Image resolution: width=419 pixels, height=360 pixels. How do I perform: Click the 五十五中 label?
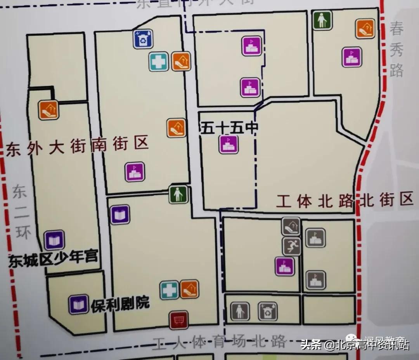pos(229,128)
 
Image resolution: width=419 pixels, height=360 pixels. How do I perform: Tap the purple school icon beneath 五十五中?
pos(229,145)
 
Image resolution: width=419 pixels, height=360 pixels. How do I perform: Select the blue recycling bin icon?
pos(143,39)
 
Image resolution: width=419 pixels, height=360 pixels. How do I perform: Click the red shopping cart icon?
pos(178,320)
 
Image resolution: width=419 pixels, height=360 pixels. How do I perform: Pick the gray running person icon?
pos(292,246)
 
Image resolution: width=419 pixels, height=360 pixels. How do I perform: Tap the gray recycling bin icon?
pos(268,311)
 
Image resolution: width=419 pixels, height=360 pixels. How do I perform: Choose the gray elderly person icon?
pos(240,311)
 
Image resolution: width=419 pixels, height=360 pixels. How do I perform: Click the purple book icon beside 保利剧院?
pos(79,305)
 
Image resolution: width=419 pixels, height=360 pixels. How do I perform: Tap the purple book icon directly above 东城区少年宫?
pos(54,240)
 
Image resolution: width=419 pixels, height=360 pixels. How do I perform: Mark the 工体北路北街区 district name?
pos(345,201)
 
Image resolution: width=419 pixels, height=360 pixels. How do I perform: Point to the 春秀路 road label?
pos(397,50)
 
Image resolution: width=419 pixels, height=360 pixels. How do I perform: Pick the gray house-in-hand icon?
pos(291,226)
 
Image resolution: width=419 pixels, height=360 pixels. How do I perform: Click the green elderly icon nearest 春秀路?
pos(322,20)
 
